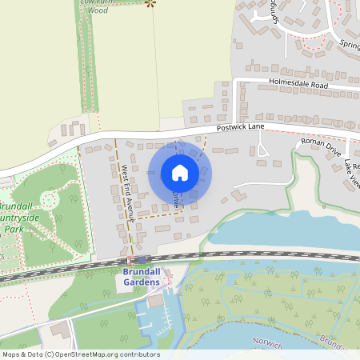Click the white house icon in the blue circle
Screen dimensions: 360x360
tap(180, 173)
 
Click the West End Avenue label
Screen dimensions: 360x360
tap(125, 193)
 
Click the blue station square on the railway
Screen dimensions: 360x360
tap(142, 259)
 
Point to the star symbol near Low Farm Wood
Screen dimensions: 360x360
tap(150, 3)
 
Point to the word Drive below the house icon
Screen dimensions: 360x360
tap(175, 200)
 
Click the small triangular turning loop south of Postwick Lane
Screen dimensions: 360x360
tap(262, 150)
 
